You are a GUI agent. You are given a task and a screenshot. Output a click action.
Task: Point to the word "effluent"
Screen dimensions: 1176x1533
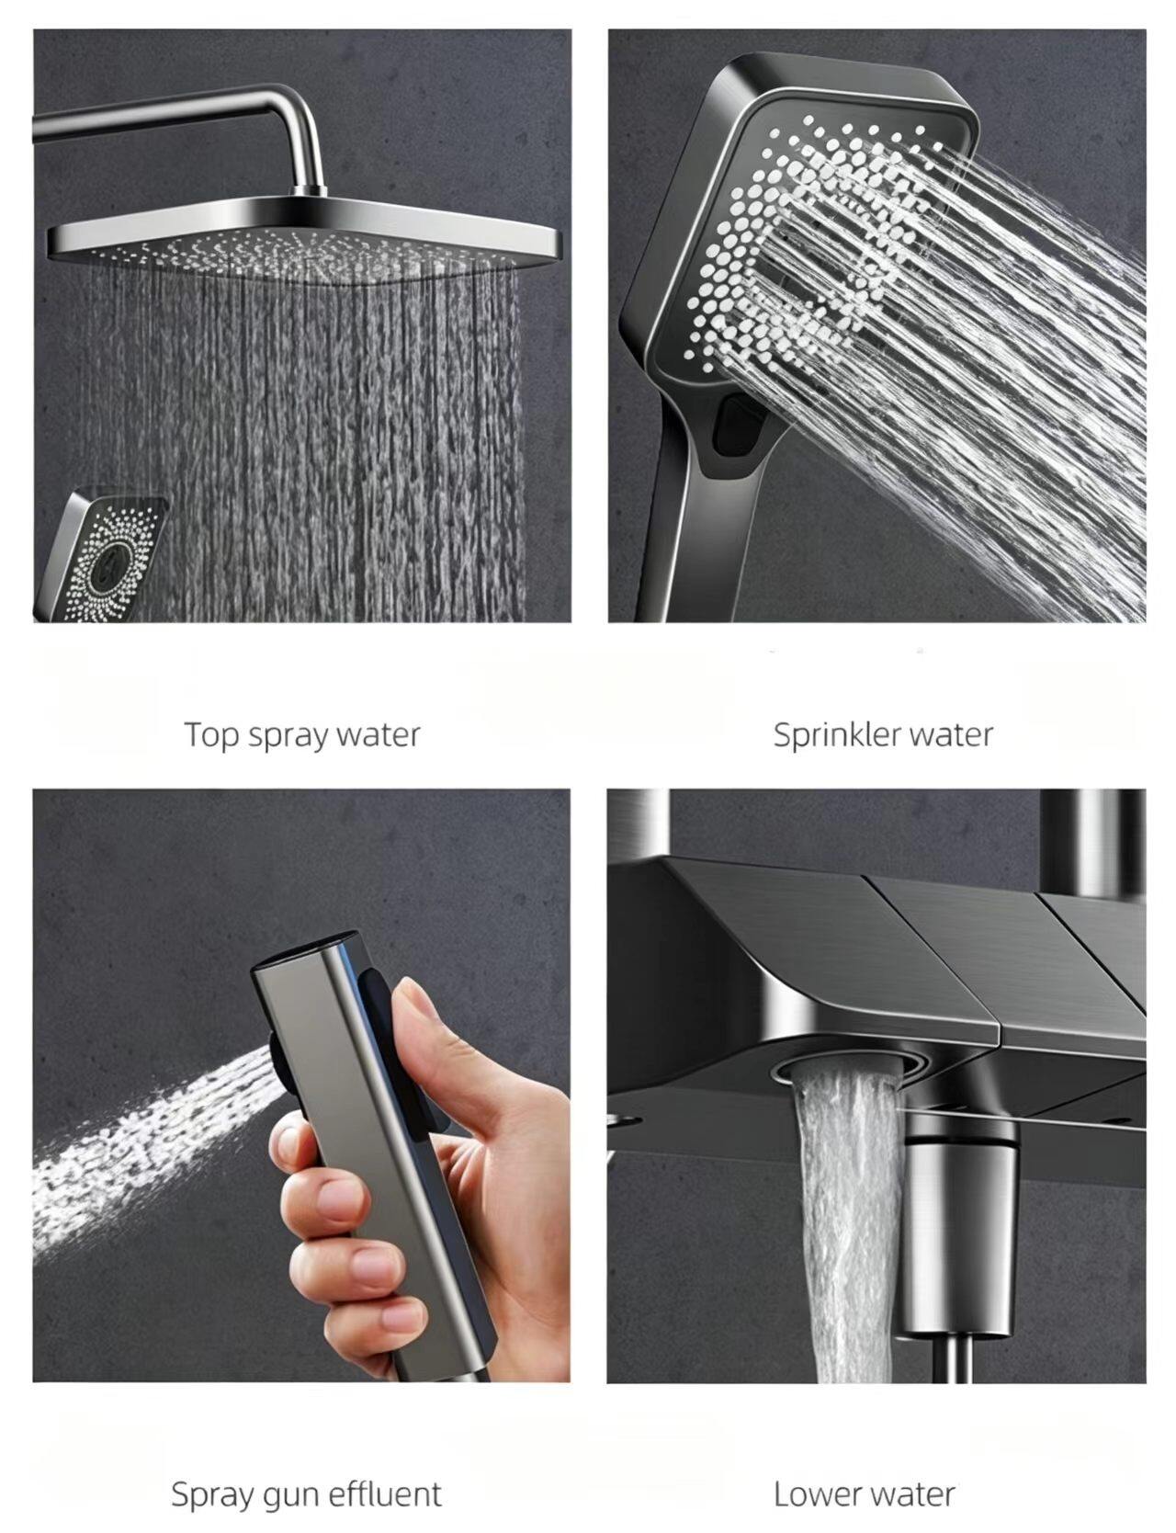click(385, 1493)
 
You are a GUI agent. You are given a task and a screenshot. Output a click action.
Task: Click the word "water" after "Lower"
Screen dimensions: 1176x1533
click(911, 1494)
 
